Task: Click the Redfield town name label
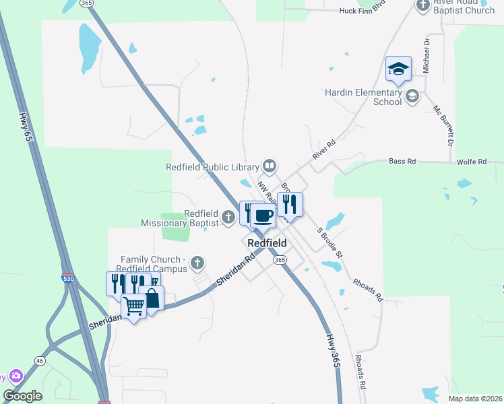coord(267,243)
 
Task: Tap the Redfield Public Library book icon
coord(269,166)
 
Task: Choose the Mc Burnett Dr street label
coord(445,125)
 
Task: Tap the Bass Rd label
coord(401,162)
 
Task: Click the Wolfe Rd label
coord(472,162)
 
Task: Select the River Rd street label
coord(324,149)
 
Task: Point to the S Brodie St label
coord(329,242)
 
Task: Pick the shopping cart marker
coord(134,307)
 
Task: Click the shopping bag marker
coord(152,299)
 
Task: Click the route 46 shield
coord(40,362)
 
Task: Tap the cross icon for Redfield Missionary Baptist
coord(228,217)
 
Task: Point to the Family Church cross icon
coord(197,262)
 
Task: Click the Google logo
coord(22,396)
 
